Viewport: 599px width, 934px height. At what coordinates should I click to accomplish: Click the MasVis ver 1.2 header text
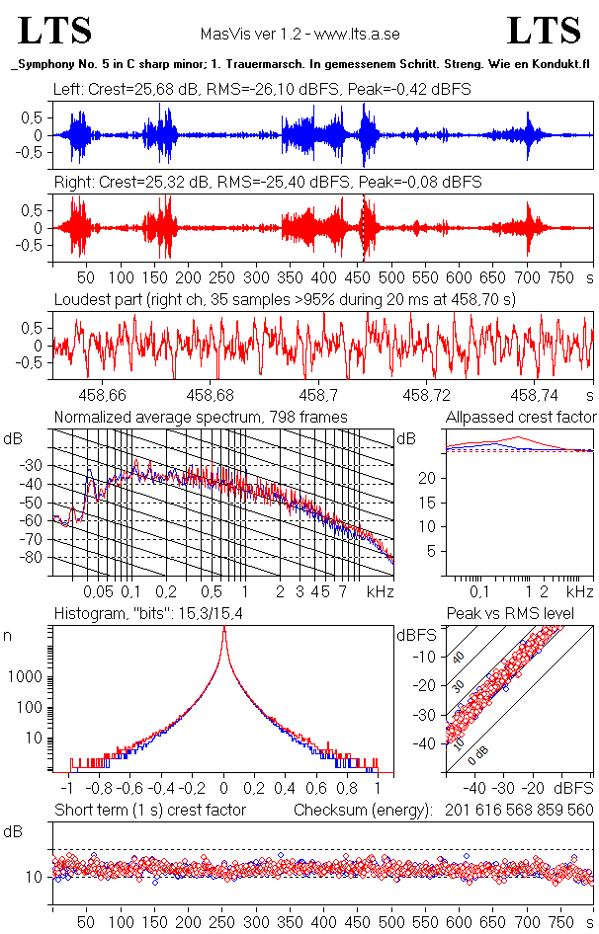(x=299, y=34)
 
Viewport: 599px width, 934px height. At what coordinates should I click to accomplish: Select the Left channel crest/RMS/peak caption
(x=262, y=89)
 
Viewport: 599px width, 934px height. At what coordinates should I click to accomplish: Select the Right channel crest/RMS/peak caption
(x=268, y=182)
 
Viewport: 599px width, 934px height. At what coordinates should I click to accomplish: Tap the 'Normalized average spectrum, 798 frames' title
(x=201, y=417)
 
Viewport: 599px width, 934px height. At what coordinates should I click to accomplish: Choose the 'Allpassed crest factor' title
(x=521, y=417)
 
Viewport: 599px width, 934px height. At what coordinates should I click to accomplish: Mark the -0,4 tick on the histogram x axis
(x=160, y=789)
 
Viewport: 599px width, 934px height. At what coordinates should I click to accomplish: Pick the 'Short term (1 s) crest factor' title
(x=149, y=810)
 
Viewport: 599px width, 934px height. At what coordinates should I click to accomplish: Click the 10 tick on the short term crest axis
(x=35, y=877)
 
